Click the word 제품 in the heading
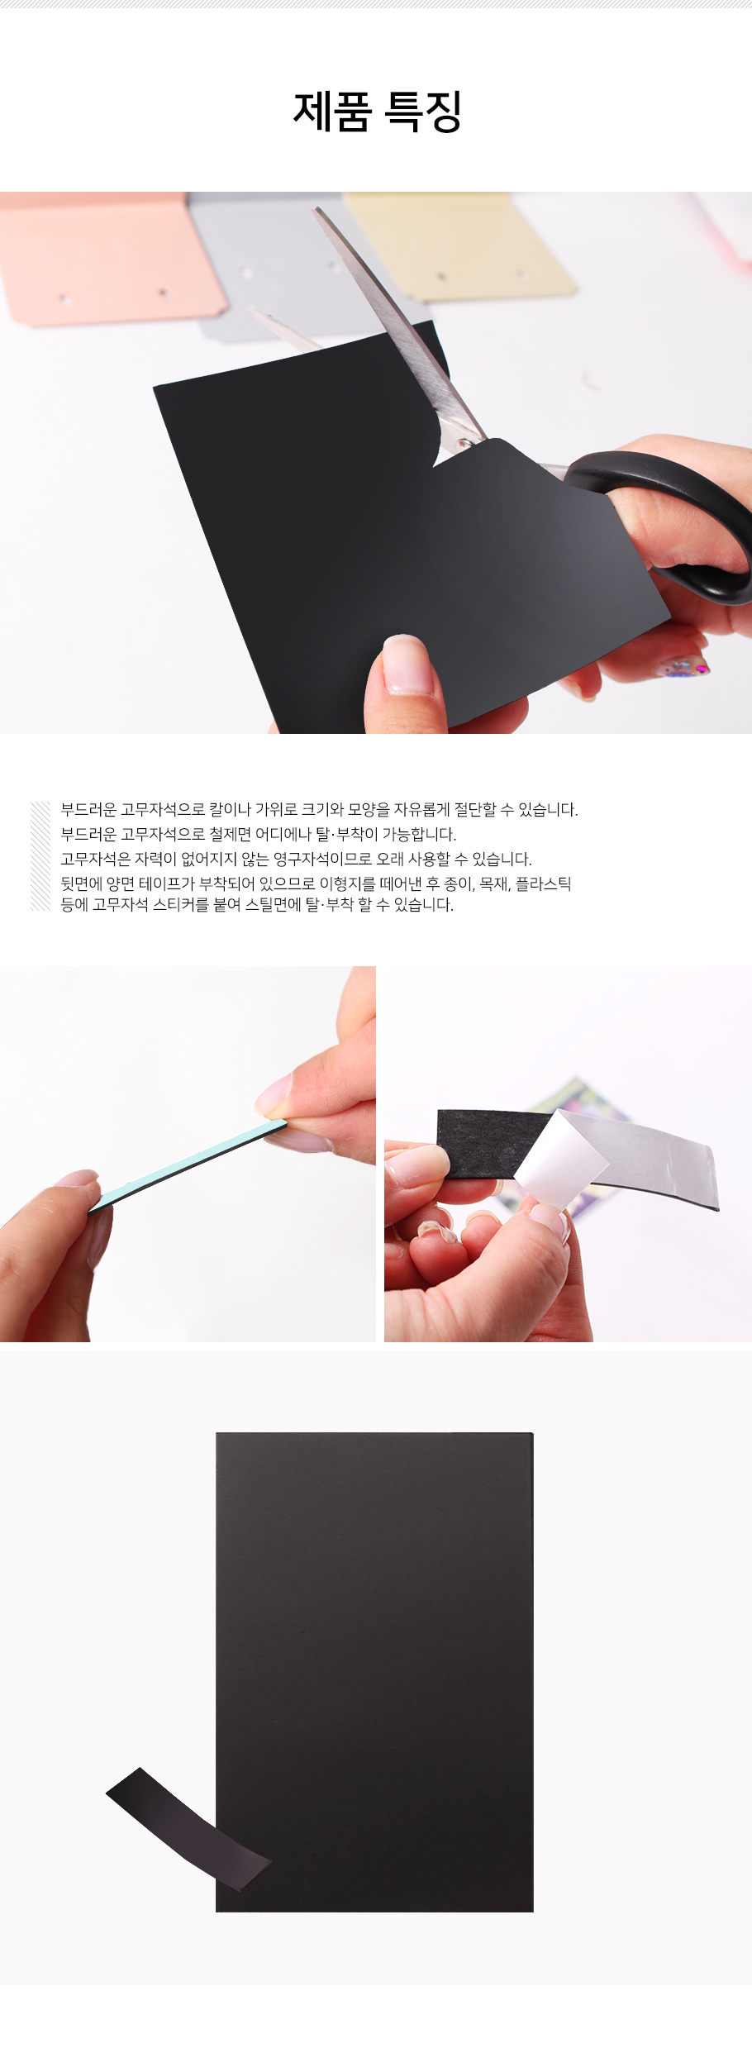332,112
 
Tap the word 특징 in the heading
423,112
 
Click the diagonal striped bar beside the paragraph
40,856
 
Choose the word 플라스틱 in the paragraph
544,883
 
